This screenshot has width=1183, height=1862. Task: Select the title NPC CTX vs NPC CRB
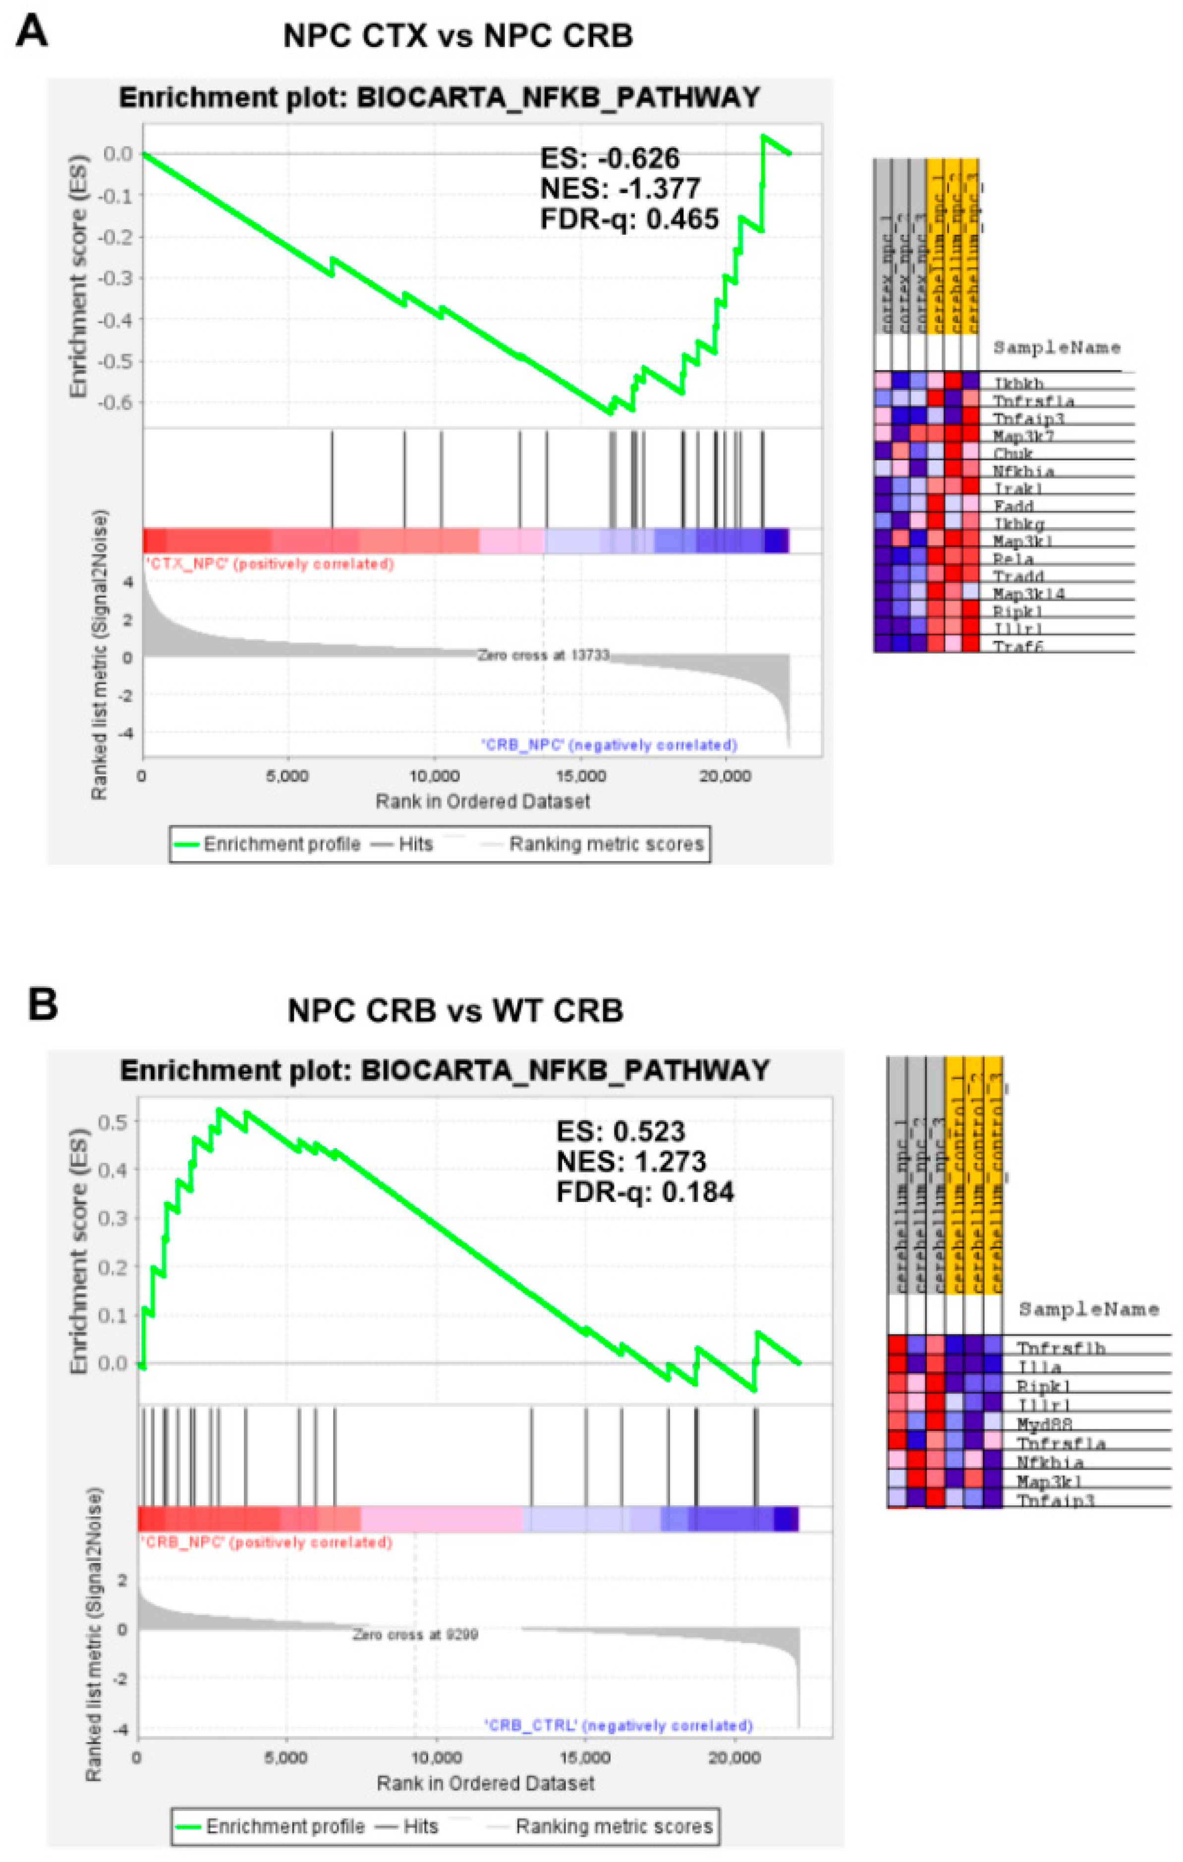coord(458,36)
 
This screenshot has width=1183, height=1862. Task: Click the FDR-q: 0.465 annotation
coord(628,219)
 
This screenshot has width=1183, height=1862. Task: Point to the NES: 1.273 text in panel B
coord(631,1161)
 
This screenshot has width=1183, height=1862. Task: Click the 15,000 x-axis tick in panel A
coord(581,775)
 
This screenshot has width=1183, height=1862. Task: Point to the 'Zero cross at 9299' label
coord(415,1635)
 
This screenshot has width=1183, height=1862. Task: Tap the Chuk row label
coord(1013,453)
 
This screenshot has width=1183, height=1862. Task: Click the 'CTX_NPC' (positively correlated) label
coord(269,564)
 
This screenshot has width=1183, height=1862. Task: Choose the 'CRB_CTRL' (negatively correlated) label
coord(618,1725)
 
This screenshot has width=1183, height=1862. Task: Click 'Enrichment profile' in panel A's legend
coord(282,844)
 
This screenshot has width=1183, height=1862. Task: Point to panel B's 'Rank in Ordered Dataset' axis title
coord(486,1783)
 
